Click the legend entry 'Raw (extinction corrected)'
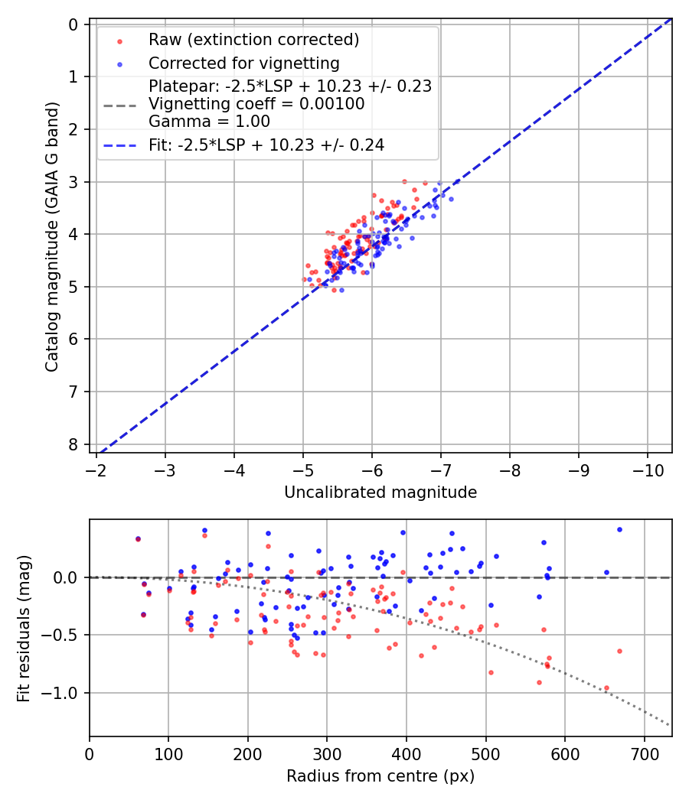(x=253, y=40)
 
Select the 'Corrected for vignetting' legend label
(x=243, y=63)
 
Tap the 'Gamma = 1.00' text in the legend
(x=209, y=121)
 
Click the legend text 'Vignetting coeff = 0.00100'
(x=256, y=103)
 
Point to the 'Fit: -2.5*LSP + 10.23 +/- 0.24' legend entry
(x=266, y=145)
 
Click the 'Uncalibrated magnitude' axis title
(x=380, y=493)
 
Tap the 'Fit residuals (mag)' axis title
(x=24, y=628)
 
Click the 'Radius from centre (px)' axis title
(x=380, y=776)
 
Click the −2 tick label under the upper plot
(x=96, y=469)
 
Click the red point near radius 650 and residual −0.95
(x=606, y=688)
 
